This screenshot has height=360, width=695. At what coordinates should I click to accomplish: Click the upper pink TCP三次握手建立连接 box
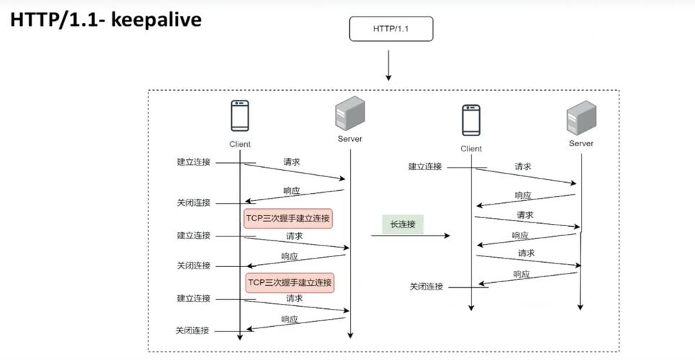[288, 219]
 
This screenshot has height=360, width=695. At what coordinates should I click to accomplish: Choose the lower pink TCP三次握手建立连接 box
[290, 282]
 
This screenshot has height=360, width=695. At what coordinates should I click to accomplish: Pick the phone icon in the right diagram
[471, 120]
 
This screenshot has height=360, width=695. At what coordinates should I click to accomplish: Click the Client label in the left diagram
[240, 144]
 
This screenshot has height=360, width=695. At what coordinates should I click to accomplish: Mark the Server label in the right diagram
[581, 143]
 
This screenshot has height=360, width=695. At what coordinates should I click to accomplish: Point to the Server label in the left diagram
[350, 139]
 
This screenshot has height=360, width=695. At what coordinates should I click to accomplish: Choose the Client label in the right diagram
[471, 149]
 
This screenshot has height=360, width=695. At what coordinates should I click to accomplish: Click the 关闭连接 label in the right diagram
[426, 287]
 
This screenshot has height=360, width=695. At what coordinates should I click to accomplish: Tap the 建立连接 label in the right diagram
[425, 167]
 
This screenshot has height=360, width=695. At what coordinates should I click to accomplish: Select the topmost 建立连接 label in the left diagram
[194, 162]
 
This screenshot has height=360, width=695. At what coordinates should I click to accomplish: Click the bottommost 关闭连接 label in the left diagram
[192, 330]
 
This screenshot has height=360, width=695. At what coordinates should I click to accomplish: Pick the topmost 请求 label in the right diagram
[523, 166]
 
